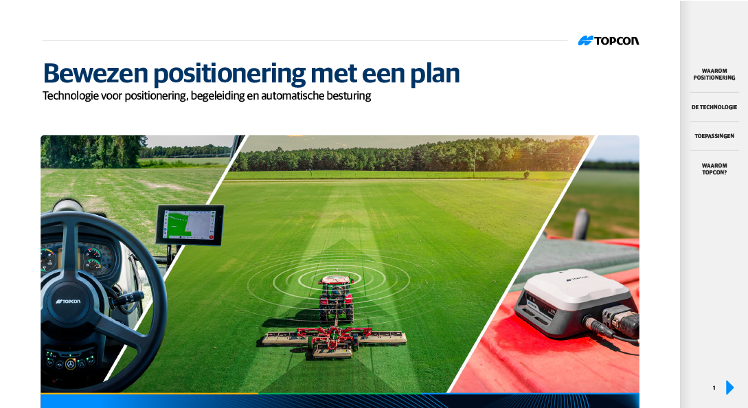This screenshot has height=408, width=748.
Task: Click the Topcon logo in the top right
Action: click(x=609, y=41)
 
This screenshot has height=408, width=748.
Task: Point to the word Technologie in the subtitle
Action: click(x=70, y=95)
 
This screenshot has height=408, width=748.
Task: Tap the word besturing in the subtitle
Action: click(x=348, y=95)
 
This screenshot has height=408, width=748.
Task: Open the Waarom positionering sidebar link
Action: click(x=714, y=74)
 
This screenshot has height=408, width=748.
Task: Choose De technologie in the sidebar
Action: click(x=714, y=107)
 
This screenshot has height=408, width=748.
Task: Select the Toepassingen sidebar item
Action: click(x=714, y=136)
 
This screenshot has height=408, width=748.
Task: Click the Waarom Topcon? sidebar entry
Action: click(x=714, y=169)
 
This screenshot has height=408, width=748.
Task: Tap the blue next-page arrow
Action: click(x=729, y=387)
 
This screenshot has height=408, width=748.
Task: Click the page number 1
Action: click(x=714, y=388)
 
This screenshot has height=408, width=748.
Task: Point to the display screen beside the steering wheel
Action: click(x=190, y=225)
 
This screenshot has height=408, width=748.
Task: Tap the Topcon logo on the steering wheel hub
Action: click(x=68, y=302)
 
